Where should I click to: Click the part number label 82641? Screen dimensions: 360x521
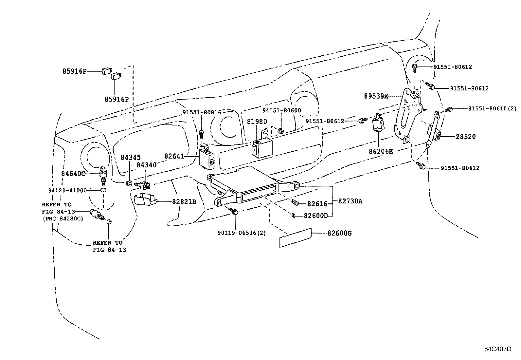pyautogui.click(x=174, y=157)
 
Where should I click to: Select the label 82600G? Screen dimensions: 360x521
pyautogui.click(x=339, y=234)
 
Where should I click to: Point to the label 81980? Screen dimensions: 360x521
pyautogui.click(x=257, y=122)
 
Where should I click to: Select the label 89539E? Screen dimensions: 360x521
pyautogui.click(x=376, y=96)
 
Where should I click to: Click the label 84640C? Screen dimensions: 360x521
pyautogui.click(x=73, y=174)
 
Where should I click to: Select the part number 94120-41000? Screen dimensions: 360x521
pyautogui.click(x=67, y=190)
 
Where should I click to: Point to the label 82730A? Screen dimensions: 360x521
pyautogui.click(x=350, y=201)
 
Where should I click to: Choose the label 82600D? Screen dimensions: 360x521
pyautogui.click(x=316, y=216)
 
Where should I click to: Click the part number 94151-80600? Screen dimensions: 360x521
pyautogui.click(x=281, y=111)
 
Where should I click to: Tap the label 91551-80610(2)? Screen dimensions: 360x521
pyautogui.click(x=492, y=108)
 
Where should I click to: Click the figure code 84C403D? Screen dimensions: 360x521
pyautogui.click(x=498, y=349)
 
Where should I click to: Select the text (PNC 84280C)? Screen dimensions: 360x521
pyautogui.click(x=62, y=218)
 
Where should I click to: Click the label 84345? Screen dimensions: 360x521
pyautogui.click(x=129, y=157)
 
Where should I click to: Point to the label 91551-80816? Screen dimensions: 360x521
pyautogui.click(x=202, y=112)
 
